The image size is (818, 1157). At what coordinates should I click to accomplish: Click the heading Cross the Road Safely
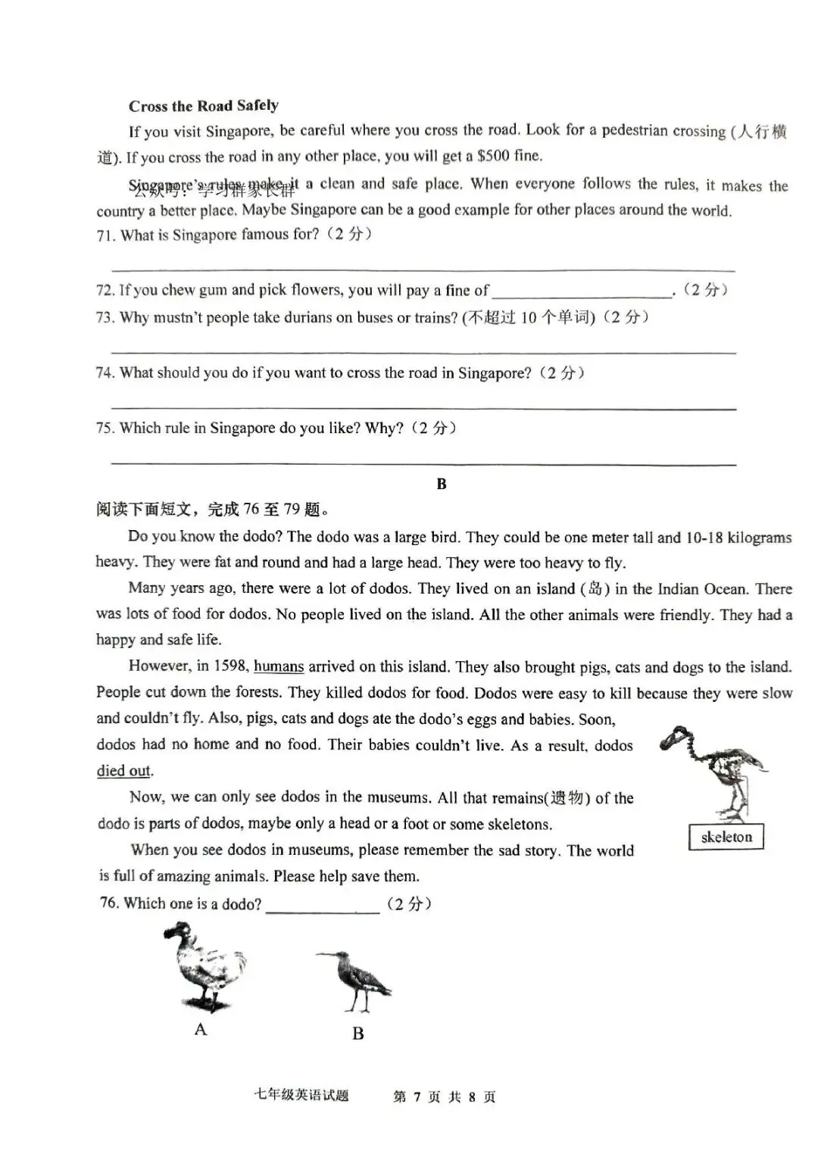pyautogui.click(x=203, y=105)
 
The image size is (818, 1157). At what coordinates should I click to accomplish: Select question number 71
pyautogui.click(x=106, y=235)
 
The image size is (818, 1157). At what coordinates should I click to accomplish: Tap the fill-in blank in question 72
pyautogui.click(x=581, y=291)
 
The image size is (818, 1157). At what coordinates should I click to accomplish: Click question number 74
pyautogui.click(x=105, y=373)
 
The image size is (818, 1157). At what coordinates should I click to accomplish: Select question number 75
pyautogui.click(x=105, y=428)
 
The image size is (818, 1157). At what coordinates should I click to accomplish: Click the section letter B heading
pyautogui.click(x=442, y=484)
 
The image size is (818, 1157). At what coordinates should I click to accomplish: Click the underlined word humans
pyautogui.click(x=279, y=666)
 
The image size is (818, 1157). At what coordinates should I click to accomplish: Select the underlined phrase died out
pyautogui.click(x=124, y=771)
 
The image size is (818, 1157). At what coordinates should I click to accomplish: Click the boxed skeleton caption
pyautogui.click(x=726, y=837)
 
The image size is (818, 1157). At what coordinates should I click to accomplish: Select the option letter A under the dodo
pyautogui.click(x=201, y=1029)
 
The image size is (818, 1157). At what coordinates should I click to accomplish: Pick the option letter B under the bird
pyautogui.click(x=358, y=1034)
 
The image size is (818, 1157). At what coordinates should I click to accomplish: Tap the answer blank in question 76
pyautogui.click(x=322, y=905)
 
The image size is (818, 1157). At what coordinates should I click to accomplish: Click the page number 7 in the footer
pyautogui.click(x=417, y=1096)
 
